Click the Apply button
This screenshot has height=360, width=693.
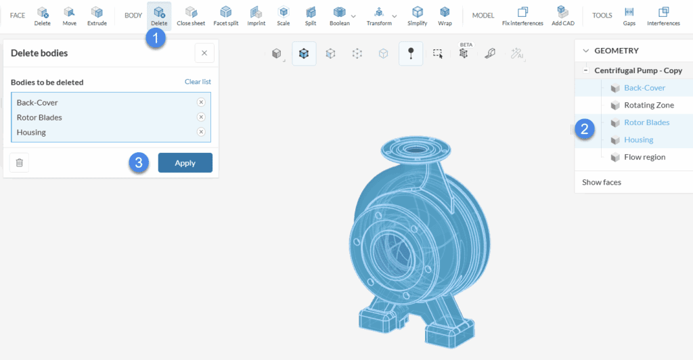[x=185, y=163]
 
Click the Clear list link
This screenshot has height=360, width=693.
[x=198, y=82]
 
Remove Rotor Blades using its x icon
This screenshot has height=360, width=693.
[x=201, y=117]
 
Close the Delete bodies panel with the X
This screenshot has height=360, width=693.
[x=204, y=53]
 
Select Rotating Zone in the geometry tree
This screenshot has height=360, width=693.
[x=648, y=105]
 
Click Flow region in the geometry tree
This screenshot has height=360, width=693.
[x=644, y=157]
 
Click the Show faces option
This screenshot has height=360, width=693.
[x=602, y=182]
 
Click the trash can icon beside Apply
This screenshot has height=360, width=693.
[x=19, y=162]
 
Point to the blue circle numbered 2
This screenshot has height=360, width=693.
[x=585, y=129]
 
